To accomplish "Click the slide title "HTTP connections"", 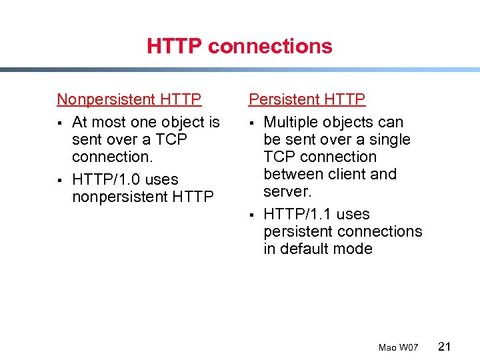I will point(239,46).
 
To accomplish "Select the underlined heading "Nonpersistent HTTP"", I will point(129,99).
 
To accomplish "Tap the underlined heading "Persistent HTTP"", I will point(307,99).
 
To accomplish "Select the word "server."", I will point(287,192).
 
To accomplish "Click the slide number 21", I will point(445,346).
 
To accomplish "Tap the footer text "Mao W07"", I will point(398,347).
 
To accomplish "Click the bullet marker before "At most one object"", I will point(60,123).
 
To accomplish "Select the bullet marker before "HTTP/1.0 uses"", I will point(60,181).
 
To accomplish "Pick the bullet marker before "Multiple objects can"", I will point(252,123).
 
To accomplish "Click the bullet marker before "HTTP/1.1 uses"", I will point(252,215).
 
